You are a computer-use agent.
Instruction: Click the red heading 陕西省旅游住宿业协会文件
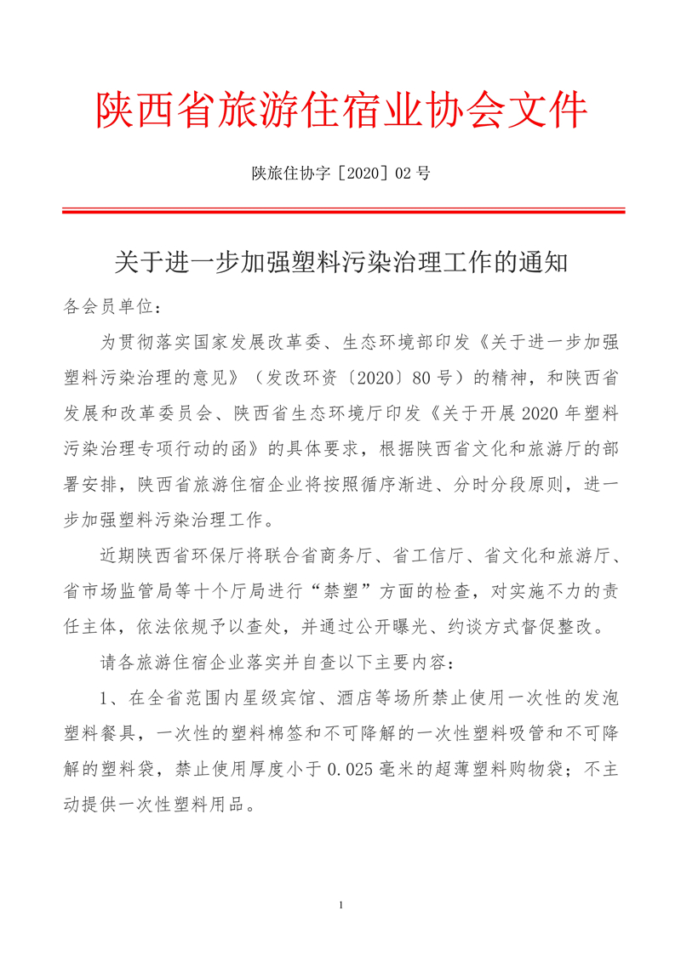point(340,111)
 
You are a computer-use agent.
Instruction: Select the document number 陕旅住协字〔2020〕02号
point(340,174)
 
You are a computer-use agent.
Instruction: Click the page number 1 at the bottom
point(340,905)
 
